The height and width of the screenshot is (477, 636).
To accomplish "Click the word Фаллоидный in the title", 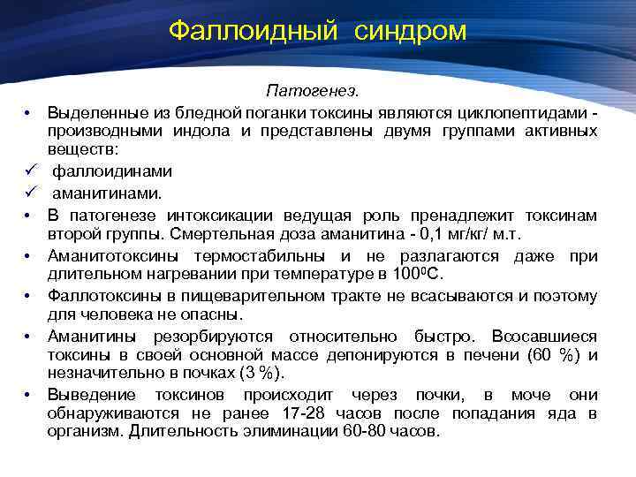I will click(253, 31).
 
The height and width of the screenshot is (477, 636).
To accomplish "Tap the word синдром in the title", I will click(411, 31).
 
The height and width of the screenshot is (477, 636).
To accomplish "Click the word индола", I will click(196, 132).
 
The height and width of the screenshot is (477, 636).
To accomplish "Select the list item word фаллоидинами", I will click(112, 171).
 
